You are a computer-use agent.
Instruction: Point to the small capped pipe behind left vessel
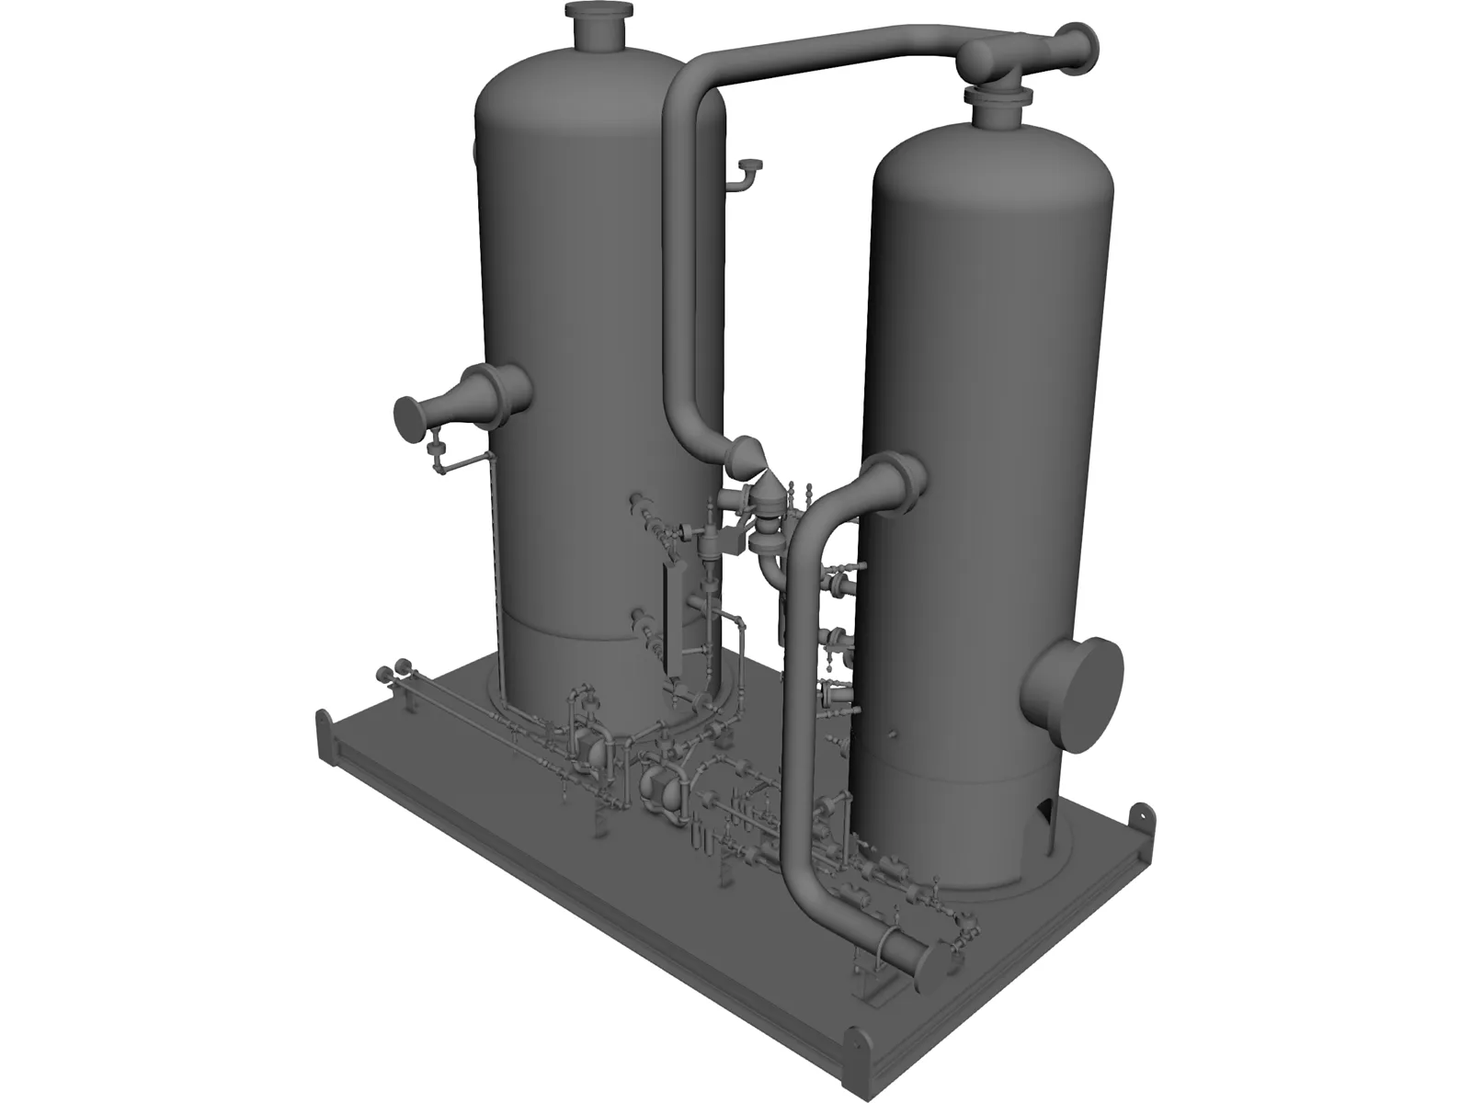(x=750, y=167)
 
